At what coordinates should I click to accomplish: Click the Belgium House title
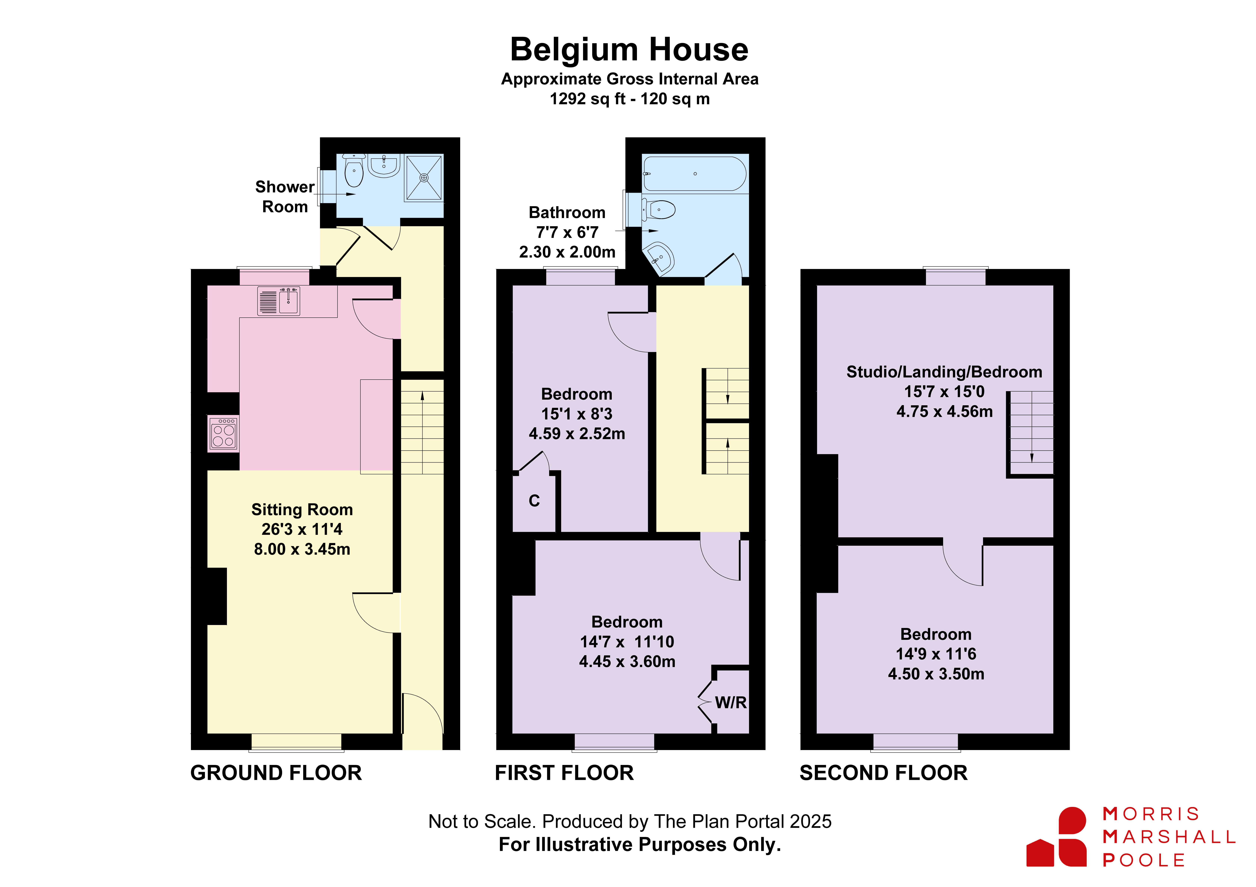[629, 50]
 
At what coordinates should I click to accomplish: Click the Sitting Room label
[302, 510]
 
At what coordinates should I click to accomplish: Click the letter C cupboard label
[534, 501]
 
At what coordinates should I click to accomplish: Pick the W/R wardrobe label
[731, 703]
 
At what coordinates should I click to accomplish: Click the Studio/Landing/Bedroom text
[944, 372]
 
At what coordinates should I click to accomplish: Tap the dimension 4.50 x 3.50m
[936, 674]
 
